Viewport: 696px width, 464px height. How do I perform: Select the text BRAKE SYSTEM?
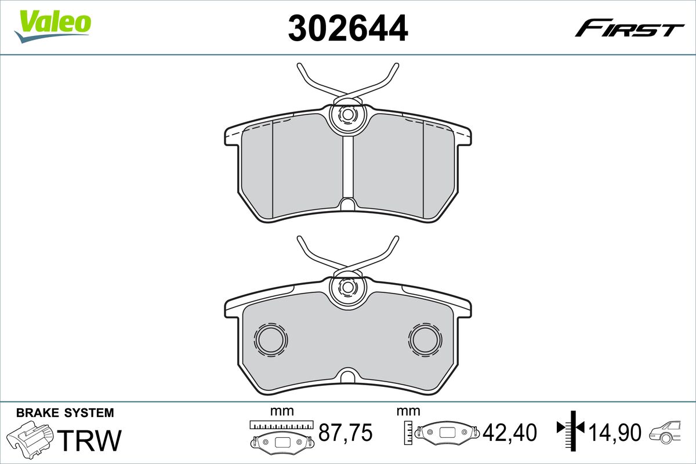(x=65, y=413)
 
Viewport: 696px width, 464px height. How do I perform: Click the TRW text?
(x=91, y=440)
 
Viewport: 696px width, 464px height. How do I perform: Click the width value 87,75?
(x=346, y=432)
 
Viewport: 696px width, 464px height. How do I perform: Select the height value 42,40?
(x=511, y=432)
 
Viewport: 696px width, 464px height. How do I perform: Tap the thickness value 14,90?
(x=615, y=432)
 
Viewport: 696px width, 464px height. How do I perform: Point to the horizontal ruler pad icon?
(x=282, y=435)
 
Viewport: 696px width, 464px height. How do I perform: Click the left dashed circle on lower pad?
(x=271, y=339)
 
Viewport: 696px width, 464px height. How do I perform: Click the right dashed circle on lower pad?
(x=425, y=339)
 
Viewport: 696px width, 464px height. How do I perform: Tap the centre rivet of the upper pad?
(x=347, y=115)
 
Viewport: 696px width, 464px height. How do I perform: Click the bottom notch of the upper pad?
(x=347, y=205)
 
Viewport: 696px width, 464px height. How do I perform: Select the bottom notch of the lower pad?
(x=347, y=376)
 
